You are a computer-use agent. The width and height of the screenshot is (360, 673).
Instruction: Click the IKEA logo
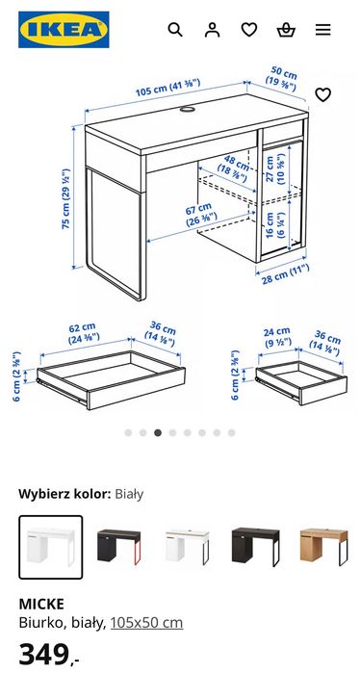coord(63,30)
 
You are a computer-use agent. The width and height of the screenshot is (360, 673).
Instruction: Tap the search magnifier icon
coord(175,30)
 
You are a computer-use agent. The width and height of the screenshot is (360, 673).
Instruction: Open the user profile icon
coord(212,30)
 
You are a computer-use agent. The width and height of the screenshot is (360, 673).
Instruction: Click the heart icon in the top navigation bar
coord(249,30)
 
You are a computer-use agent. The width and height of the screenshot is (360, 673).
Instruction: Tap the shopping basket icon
coord(286,30)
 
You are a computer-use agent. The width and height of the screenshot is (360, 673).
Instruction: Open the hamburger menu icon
coord(323,30)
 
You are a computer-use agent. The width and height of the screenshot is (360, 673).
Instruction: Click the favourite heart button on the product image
coord(323,94)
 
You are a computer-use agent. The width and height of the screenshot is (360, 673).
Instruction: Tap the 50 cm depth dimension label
coord(283,79)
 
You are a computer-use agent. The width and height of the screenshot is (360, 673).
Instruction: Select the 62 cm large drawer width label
coord(82,332)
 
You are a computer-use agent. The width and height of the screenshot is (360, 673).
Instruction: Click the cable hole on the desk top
coord(185,110)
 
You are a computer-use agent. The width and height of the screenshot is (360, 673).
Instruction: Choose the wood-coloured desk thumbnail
coord(323,547)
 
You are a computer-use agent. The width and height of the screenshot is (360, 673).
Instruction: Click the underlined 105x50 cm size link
coord(146,623)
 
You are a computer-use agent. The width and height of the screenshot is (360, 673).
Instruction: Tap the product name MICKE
coord(41,604)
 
